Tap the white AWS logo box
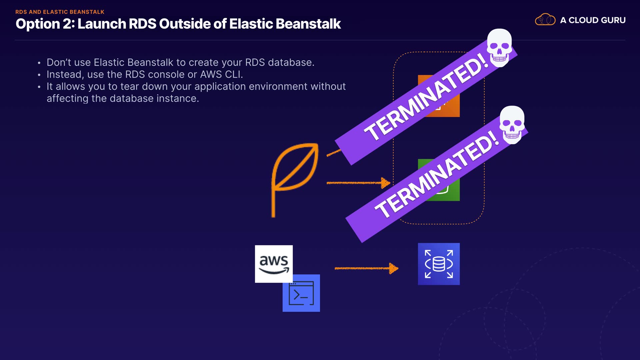pyautogui.click(x=274, y=264)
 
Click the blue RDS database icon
pyautogui.click(x=439, y=264)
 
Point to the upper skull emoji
pyautogui.click(x=499, y=47)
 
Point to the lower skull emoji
pyautogui.click(x=512, y=125)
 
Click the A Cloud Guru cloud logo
pyautogui.click(x=545, y=20)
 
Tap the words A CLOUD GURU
pyautogui.click(x=593, y=20)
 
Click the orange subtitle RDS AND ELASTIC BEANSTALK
pyautogui.click(x=60, y=12)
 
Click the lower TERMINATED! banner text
pyautogui.click(x=437, y=174)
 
